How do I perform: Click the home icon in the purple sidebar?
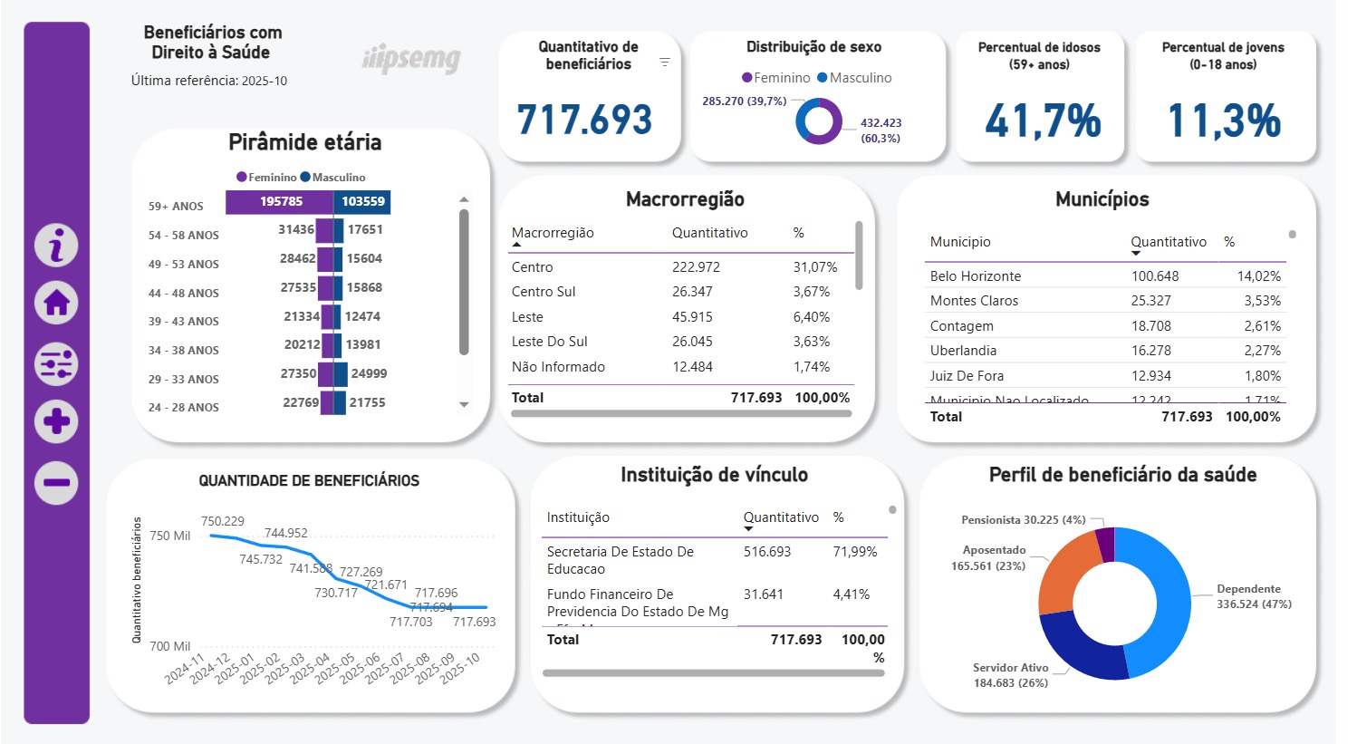56,303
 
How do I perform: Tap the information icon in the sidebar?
56,246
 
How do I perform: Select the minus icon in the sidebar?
56,482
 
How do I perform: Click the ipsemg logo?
411,60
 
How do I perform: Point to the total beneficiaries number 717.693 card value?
584,120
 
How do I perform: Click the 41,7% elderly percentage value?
1043,121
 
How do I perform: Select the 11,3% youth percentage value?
1224,121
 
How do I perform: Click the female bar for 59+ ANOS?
280,202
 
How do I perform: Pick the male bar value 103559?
362,202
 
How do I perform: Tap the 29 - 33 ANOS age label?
184,379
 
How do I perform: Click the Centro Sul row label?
544,292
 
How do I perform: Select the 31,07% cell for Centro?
815,267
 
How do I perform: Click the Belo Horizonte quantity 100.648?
1155,276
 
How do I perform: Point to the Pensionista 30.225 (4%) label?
1023,520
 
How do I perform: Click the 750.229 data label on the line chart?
223,521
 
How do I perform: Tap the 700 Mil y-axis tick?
170,646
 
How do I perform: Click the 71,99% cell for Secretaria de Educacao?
854,552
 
